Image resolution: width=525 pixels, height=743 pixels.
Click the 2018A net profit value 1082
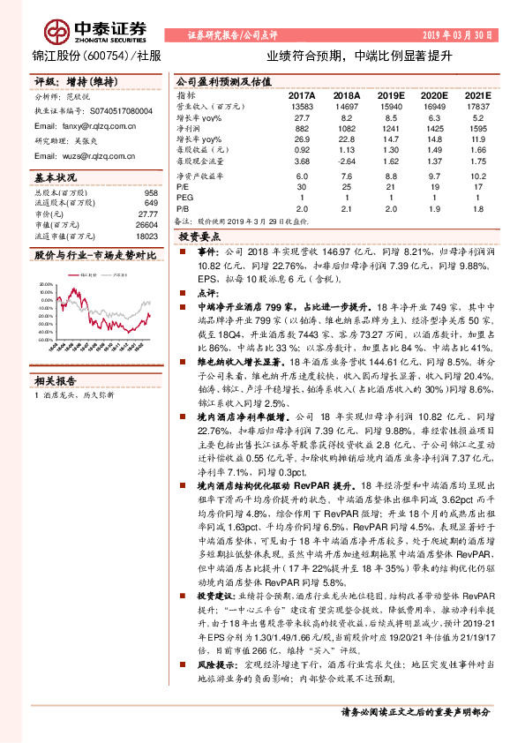[347, 128]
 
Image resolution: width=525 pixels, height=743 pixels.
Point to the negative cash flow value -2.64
[348, 161]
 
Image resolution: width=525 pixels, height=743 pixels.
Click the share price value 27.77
[149, 214]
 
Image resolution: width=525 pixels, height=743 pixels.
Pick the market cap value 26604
[146, 225]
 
